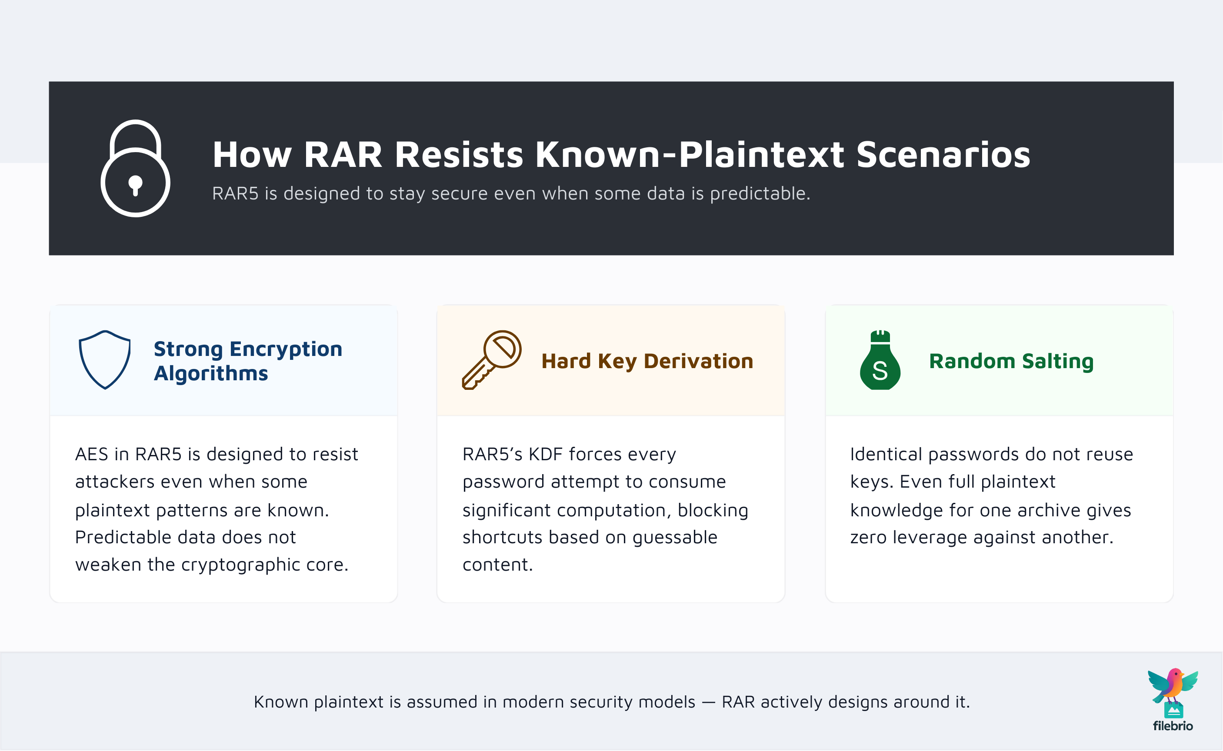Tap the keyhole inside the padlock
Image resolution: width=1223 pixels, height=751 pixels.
[x=135, y=185]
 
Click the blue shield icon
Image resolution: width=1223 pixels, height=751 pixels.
[x=105, y=359]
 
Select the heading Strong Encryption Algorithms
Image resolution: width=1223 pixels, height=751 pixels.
[x=247, y=361]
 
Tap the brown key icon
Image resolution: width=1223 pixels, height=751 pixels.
[x=491, y=359]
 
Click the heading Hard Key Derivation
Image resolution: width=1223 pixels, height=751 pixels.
[x=647, y=361]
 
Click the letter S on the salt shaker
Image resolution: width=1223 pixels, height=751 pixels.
[x=880, y=371]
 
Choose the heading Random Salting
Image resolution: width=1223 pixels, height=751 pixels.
[x=1011, y=361]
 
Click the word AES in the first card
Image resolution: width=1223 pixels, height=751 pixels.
[x=91, y=454]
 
